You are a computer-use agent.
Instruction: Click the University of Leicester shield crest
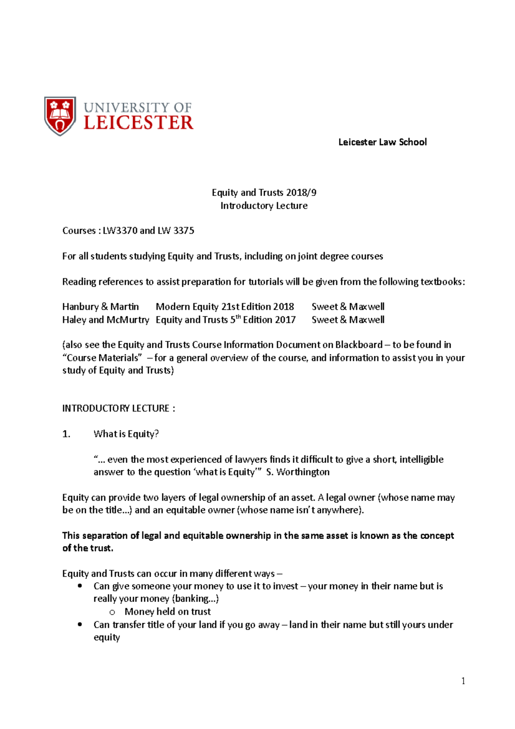point(60,116)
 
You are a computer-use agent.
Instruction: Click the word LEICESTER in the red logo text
point(138,123)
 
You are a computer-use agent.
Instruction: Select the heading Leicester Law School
point(382,142)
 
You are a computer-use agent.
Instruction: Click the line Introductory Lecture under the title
point(264,206)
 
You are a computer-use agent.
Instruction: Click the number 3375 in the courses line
point(184,231)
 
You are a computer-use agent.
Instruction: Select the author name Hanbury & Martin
point(100,307)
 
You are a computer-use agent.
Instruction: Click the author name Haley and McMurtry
point(106,320)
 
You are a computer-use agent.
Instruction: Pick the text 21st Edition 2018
point(257,307)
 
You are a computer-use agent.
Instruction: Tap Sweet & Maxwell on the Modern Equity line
point(348,307)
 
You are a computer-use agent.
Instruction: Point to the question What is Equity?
point(126,434)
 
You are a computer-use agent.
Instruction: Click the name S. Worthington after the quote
point(298,472)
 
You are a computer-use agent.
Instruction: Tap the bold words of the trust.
point(88,548)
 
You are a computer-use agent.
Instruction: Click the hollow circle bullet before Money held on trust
point(112,612)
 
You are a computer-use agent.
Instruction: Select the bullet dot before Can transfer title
point(80,625)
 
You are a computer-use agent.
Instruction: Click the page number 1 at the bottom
point(463,681)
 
